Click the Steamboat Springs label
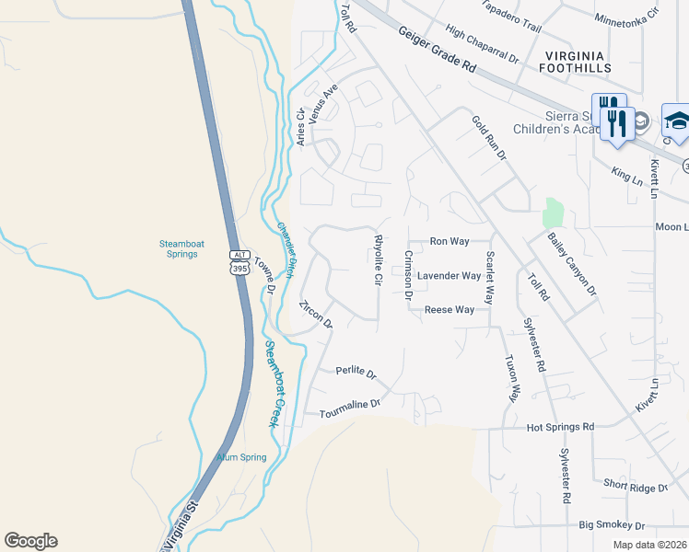point(179,248)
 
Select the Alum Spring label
point(241,457)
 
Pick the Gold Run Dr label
point(489,138)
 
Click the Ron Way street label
point(450,242)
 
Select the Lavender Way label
point(449,276)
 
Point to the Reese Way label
point(449,310)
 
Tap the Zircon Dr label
point(315,314)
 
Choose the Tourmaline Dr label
point(349,408)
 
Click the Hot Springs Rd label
point(560,427)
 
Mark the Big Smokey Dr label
point(612,525)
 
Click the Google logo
point(30,541)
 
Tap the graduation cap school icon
point(676,122)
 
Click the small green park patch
point(553,213)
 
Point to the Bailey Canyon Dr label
point(572,264)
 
